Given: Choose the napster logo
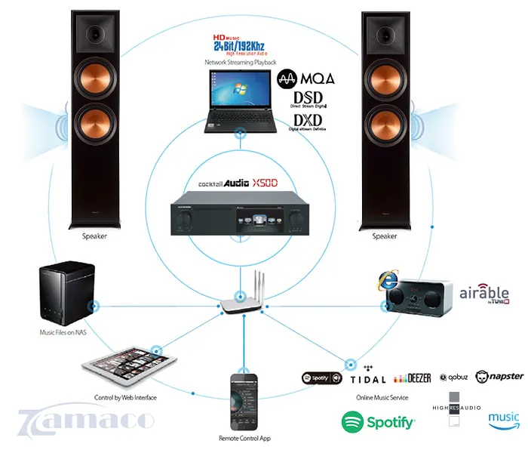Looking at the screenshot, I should point(505,376).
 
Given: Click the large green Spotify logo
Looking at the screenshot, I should point(379,421).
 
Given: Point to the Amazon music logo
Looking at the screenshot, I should point(503,419).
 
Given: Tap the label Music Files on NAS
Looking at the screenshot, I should point(63,332).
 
